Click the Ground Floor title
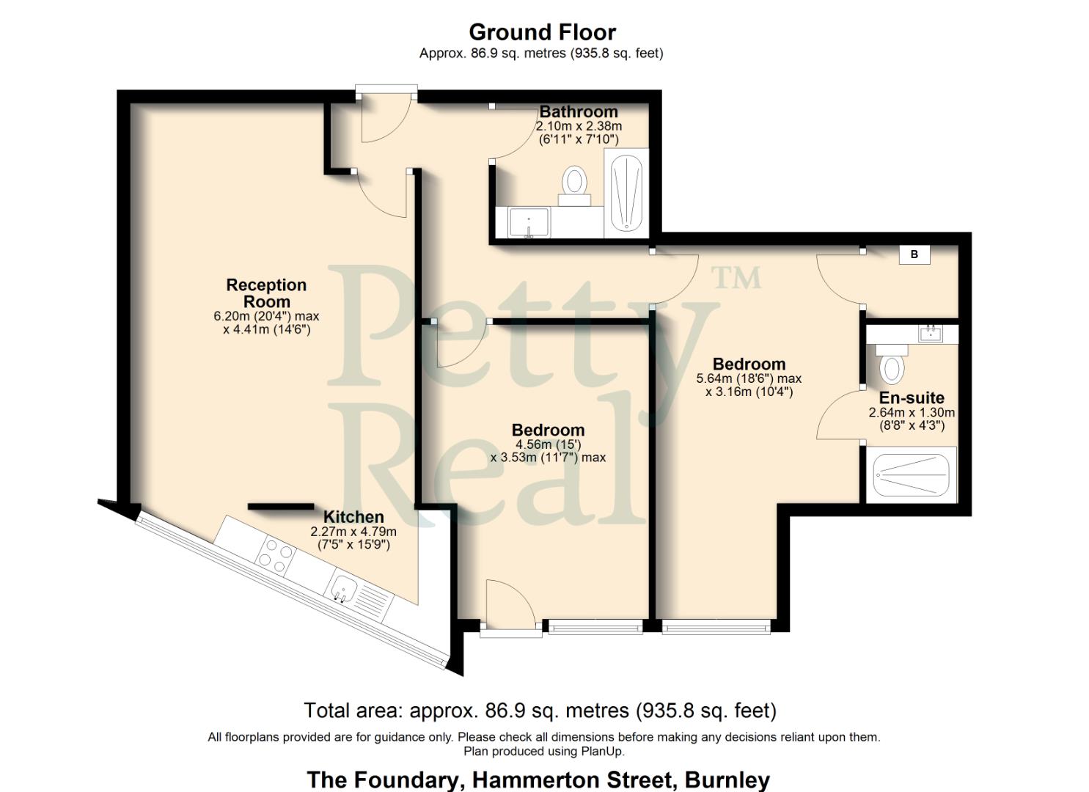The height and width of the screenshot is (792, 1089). pos(542,32)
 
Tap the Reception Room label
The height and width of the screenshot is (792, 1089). pos(266,293)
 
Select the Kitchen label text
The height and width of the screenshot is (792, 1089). pos(353,517)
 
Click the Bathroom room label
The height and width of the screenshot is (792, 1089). pos(579,112)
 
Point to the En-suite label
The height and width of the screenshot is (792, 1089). pos(912,398)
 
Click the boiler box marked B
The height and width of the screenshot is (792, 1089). pos(914,254)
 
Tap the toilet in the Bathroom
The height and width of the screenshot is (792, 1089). pos(574,183)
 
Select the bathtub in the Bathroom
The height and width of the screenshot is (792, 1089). pos(626,194)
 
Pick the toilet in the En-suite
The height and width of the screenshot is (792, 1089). pos(891,364)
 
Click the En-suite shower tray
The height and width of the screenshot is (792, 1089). pos(912,475)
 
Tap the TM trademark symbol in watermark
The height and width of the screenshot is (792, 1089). pos(736,277)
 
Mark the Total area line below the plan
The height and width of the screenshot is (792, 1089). pos(540,711)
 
